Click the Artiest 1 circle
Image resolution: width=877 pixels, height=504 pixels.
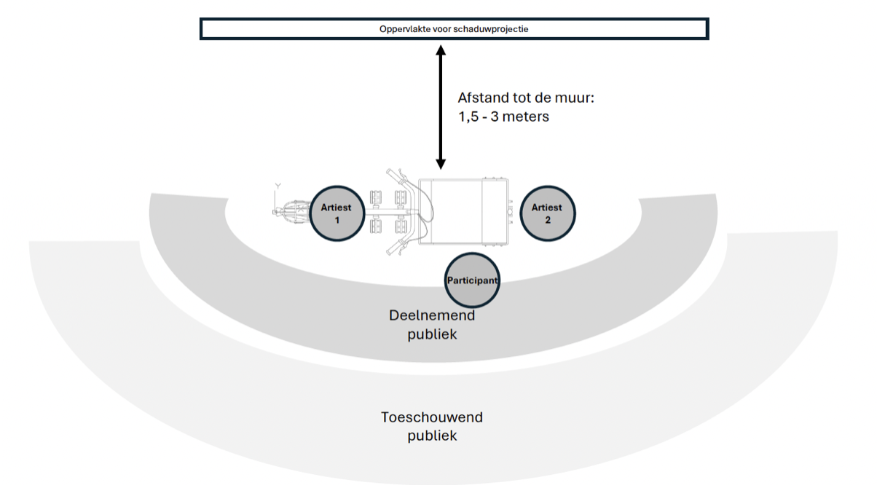coord(337,213)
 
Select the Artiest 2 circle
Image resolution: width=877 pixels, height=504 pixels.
coord(548,213)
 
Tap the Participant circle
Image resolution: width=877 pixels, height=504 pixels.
coord(473,280)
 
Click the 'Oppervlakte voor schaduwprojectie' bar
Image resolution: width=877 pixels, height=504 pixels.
coord(454,29)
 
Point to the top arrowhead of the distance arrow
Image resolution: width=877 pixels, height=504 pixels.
coord(440,50)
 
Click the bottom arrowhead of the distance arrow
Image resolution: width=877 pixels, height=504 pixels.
coord(440,165)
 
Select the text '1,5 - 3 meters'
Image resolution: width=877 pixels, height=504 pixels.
coord(503,117)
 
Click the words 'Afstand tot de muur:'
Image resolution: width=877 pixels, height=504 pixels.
coord(526,98)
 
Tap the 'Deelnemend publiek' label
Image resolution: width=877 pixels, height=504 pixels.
coord(432,325)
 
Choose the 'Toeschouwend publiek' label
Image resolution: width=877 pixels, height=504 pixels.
coord(432,427)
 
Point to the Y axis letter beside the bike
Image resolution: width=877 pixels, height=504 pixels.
coord(277,186)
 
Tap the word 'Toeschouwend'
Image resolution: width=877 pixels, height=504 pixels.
coord(432,417)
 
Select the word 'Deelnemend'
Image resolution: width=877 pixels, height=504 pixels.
coord(432,315)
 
